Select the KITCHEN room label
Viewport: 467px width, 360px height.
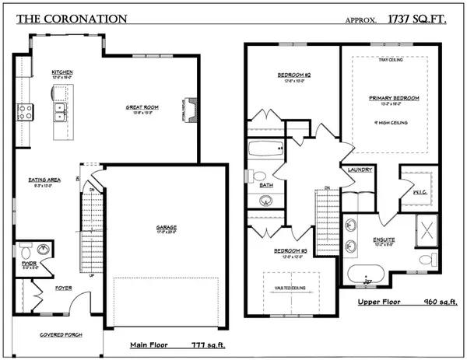pyautogui.click(x=62, y=70)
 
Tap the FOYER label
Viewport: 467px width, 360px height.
pyautogui.click(x=63, y=288)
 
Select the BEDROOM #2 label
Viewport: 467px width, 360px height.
pyautogui.click(x=294, y=75)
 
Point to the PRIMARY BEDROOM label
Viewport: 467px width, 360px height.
pyautogui.click(x=395, y=98)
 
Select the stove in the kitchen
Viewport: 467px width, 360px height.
pyautogui.click(x=24, y=111)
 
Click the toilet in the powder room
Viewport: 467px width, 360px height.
pyautogui.click(x=24, y=252)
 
